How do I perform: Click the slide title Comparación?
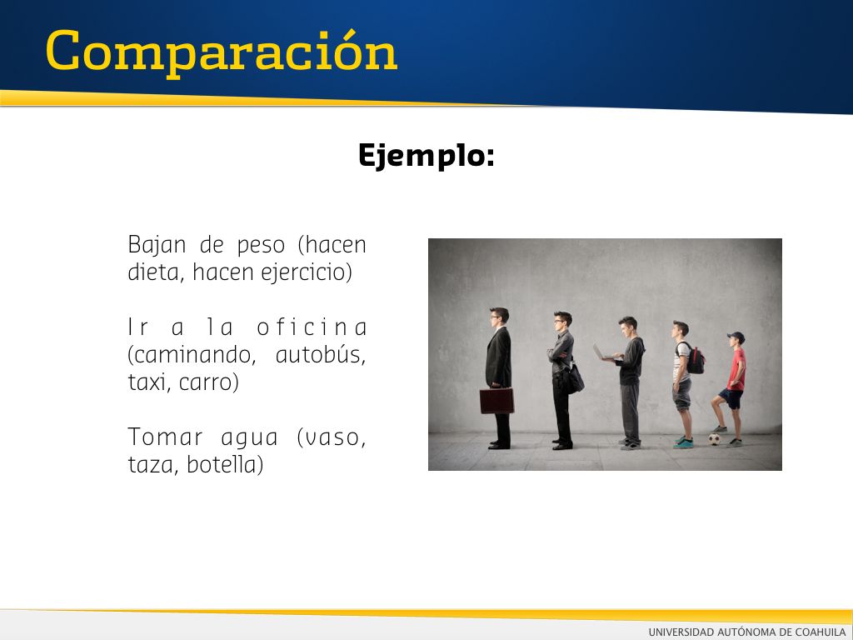pyautogui.click(x=222, y=52)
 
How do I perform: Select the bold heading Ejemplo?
pyautogui.click(x=426, y=155)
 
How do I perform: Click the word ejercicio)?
pyautogui.click(x=307, y=272)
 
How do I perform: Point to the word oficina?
pyautogui.click(x=312, y=327)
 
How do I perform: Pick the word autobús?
pyautogui.click(x=321, y=355)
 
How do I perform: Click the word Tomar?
pyautogui.click(x=166, y=437)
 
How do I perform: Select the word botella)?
pyautogui.click(x=225, y=465)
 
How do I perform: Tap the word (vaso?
pyautogui.click(x=332, y=437)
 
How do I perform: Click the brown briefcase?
pyautogui.click(x=496, y=401)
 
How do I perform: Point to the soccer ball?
pyautogui.click(x=714, y=438)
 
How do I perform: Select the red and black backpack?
pyautogui.click(x=694, y=358)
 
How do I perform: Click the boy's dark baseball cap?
pyautogui.click(x=736, y=337)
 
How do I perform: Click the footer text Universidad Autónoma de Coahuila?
pyautogui.click(x=747, y=632)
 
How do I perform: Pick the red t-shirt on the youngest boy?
pyautogui.click(x=736, y=369)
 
